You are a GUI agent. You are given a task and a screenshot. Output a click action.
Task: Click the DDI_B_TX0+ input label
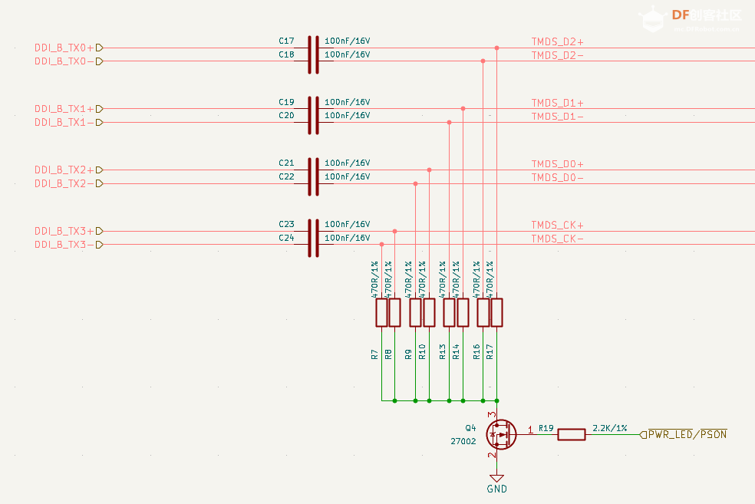[64, 48]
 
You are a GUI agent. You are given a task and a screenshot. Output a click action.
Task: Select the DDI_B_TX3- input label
[64, 245]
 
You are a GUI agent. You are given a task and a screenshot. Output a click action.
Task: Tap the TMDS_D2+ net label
[558, 41]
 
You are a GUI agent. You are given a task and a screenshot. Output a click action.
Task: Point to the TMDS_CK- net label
[558, 239]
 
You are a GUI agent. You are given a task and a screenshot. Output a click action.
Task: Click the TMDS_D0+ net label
[558, 164]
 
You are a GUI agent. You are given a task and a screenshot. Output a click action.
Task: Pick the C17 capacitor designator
[286, 41]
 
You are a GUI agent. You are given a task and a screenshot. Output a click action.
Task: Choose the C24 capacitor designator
[286, 238]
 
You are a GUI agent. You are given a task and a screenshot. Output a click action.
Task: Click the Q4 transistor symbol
[500, 435]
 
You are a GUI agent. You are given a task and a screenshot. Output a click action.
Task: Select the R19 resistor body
[571, 435]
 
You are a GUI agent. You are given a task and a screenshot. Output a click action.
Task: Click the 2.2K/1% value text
[610, 427]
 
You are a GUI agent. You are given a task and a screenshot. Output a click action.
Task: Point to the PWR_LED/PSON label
[687, 435]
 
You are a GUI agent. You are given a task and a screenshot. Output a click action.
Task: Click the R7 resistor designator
[374, 354]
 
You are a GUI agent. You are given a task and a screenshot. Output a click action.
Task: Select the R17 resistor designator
[490, 352]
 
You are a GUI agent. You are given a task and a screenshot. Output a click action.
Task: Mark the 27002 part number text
[463, 441]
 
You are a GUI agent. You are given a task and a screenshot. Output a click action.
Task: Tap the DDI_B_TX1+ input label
[64, 109]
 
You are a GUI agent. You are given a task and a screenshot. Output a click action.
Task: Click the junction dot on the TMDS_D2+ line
[497, 48]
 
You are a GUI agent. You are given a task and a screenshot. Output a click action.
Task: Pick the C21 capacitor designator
[286, 163]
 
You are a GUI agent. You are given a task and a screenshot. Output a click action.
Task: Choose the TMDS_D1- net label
[558, 117]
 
